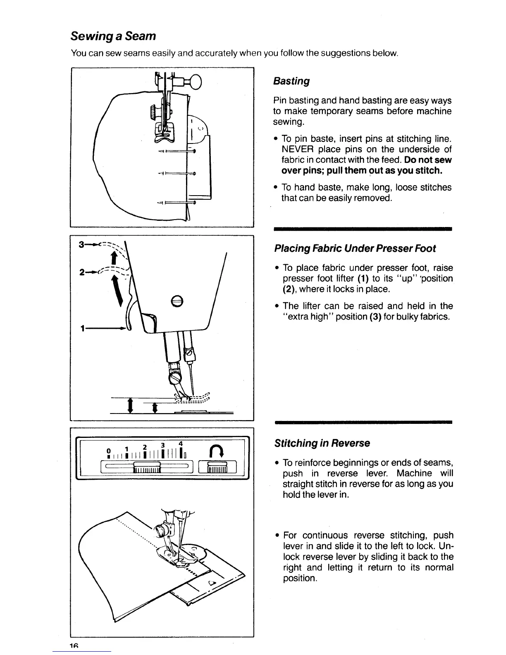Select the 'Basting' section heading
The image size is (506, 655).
(291, 81)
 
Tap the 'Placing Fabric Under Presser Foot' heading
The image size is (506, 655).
(355, 249)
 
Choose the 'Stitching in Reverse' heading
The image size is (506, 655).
(322, 443)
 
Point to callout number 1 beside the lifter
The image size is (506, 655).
(83, 328)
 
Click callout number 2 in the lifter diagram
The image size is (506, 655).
(82, 273)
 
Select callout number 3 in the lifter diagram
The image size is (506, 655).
(82, 244)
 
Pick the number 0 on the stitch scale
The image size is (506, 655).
(108, 450)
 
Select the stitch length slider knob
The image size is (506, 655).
(147, 466)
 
